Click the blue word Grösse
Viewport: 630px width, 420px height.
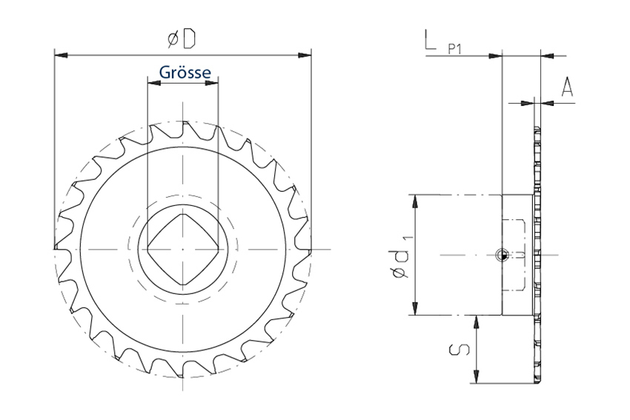[185, 73]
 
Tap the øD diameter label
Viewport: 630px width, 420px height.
[182, 39]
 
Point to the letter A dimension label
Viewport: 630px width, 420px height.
[567, 87]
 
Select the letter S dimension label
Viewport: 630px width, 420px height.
[460, 350]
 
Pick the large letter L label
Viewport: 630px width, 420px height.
[429, 39]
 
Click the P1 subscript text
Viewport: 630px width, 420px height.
[455, 50]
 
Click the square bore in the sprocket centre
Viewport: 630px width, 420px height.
[183, 250]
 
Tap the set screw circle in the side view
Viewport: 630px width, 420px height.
[502, 255]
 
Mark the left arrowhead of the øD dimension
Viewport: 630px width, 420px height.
[61, 55]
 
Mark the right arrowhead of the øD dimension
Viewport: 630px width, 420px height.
[305, 55]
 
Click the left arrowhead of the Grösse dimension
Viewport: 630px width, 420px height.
[154, 83]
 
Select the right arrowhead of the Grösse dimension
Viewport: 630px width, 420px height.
[212, 83]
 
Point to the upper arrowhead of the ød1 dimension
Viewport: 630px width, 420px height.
[416, 201]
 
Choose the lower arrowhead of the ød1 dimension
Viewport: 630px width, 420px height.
[416, 308]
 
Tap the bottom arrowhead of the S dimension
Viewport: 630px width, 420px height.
[477, 376]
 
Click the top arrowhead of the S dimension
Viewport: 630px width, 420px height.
[477, 322]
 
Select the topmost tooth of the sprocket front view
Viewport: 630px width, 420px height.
[185, 127]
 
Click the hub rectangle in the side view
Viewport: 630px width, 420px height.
[517, 255]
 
